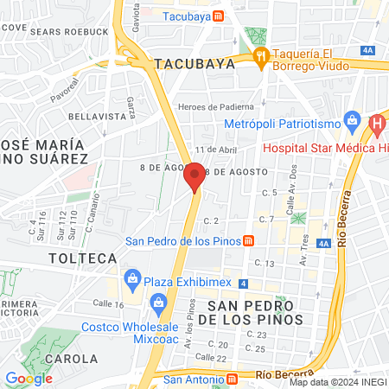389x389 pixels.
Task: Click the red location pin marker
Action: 194,176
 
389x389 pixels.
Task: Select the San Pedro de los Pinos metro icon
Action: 248,240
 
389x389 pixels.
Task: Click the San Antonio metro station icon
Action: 232,379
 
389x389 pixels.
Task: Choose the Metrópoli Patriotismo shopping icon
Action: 351,119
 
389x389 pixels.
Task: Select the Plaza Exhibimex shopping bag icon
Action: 132,277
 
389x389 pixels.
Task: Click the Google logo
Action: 28,379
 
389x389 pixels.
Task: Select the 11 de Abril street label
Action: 215,149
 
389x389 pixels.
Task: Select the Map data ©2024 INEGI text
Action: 338,382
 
